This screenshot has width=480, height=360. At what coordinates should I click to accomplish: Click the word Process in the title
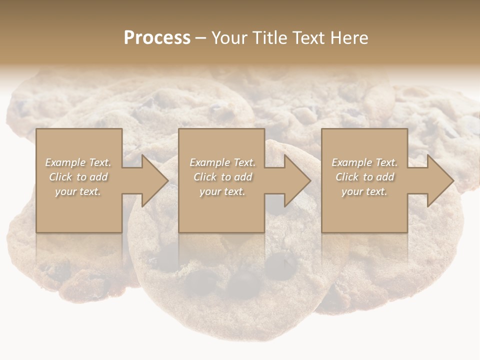(157, 38)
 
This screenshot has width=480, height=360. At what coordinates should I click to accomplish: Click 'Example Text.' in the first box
(78, 162)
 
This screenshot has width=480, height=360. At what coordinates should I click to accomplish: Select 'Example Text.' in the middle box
(222, 162)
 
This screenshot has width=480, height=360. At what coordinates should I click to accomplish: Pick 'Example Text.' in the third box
(364, 162)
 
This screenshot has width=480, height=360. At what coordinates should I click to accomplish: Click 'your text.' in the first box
(78, 191)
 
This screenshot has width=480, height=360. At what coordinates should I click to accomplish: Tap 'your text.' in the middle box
(222, 191)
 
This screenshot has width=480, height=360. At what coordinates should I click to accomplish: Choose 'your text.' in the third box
(364, 191)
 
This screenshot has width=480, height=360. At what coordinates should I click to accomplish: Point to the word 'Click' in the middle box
(205, 177)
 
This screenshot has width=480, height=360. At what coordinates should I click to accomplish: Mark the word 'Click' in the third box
(347, 177)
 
